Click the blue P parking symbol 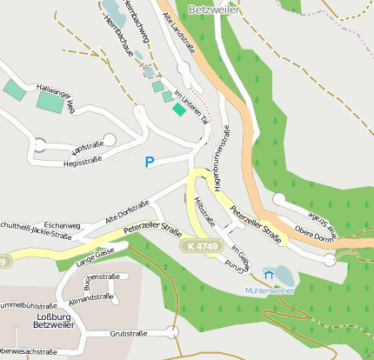(x=150, y=162)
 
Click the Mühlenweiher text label (x=269, y=290)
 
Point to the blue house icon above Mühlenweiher (x=268, y=275)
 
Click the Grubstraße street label (x=127, y=333)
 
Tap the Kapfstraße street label (x=87, y=143)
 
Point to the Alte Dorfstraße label (x=127, y=213)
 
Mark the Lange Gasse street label (x=95, y=255)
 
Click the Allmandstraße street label (x=91, y=297)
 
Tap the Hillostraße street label (x=204, y=211)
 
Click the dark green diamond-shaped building (x=178, y=109)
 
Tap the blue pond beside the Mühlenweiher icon (x=285, y=276)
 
